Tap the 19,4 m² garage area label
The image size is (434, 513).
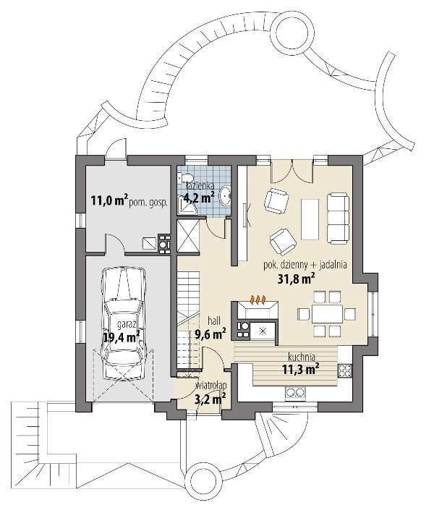(x=122, y=336)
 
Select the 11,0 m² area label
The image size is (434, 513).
(x=109, y=200)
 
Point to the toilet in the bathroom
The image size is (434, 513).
(x=180, y=179)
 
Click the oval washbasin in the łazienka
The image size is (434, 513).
(x=226, y=195)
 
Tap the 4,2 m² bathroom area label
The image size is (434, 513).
(x=199, y=198)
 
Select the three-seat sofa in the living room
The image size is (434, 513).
(x=339, y=219)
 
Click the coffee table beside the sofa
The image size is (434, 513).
(x=310, y=219)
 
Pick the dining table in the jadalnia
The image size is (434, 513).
(x=327, y=314)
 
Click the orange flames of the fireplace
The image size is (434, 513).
(x=258, y=300)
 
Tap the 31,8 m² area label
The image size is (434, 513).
(x=297, y=279)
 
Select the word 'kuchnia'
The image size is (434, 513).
(x=302, y=356)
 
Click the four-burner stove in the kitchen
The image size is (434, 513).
(x=344, y=370)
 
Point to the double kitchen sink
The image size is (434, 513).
(x=295, y=392)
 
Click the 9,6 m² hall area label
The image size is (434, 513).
(x=210, y=334)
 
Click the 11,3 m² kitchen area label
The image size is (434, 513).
(x=301, y=369)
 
